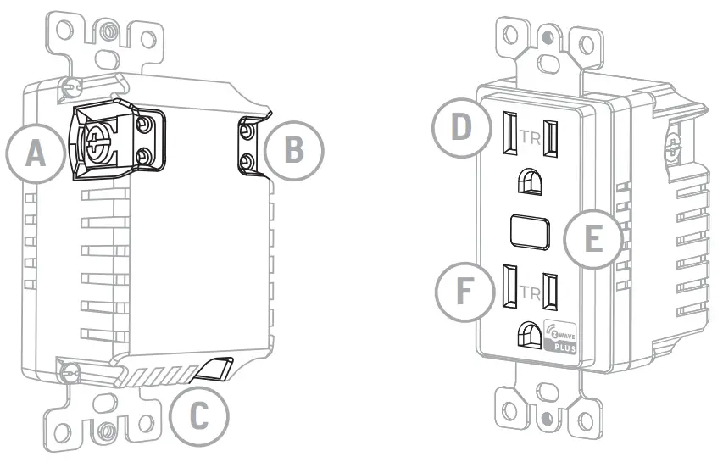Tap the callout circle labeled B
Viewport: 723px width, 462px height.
[293, 149]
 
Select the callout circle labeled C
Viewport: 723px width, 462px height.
[197, 416]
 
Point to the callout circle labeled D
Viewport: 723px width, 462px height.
[460, 128]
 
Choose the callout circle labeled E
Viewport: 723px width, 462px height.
[595, 238]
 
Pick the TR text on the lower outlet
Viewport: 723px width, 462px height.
[531, 293]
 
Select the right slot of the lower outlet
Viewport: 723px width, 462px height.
[552, 292]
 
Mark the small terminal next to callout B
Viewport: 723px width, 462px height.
[247, 148]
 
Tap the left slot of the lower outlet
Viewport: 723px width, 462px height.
[511, 287]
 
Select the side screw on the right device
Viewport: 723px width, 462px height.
[675, 148]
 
